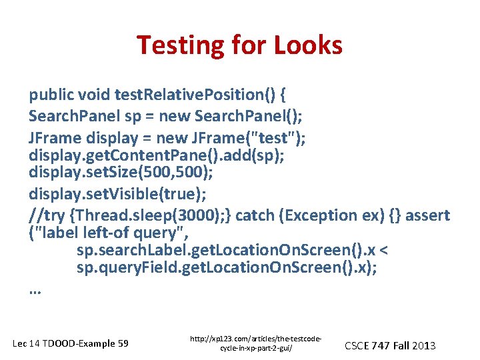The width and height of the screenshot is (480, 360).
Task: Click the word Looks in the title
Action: pyautogui.click(x=311, y=45)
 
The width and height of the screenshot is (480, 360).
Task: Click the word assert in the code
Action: pyautogui.click(x=427, y=215)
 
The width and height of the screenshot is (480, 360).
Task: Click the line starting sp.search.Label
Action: pyautogui.click(x=227, y=251)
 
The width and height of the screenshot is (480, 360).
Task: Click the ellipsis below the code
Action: pyautogui.click(x=35, y=291)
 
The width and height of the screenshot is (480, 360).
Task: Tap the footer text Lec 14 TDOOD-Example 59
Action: pyautogui.click(x=71, y=343)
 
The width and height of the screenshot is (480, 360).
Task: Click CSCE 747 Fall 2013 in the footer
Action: pyautogui.click(x=390, y=345)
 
